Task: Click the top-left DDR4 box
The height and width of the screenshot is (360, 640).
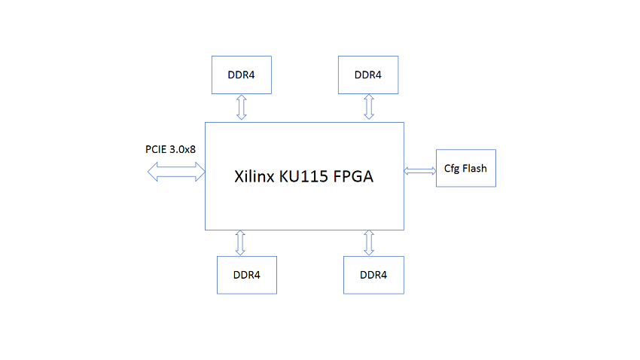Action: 242,75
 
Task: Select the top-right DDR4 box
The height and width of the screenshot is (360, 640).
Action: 368,75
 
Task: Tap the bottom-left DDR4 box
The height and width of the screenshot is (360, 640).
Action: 247,275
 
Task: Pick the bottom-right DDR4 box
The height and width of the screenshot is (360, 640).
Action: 374,275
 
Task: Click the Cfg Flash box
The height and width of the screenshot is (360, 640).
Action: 466,168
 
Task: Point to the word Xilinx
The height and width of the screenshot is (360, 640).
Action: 254,176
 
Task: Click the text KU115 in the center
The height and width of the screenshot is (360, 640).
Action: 303,176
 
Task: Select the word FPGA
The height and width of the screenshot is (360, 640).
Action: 353,176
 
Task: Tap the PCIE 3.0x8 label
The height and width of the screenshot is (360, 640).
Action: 171,149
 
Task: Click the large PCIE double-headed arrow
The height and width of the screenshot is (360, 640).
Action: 176,172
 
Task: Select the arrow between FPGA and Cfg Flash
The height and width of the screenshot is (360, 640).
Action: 420,171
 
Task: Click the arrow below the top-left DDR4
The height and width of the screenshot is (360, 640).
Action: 242,108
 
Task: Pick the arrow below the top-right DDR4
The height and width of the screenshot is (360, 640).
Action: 369,107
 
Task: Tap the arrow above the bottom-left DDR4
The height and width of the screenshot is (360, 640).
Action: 240,243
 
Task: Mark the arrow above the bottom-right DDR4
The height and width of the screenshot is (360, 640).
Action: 369,243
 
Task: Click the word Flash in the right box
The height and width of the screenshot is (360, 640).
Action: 474,168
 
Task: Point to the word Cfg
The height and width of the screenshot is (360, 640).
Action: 452,169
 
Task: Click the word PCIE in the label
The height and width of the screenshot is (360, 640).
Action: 156,149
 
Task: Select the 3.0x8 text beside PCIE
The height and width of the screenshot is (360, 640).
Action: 182,149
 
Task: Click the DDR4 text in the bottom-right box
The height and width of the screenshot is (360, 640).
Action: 373,275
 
